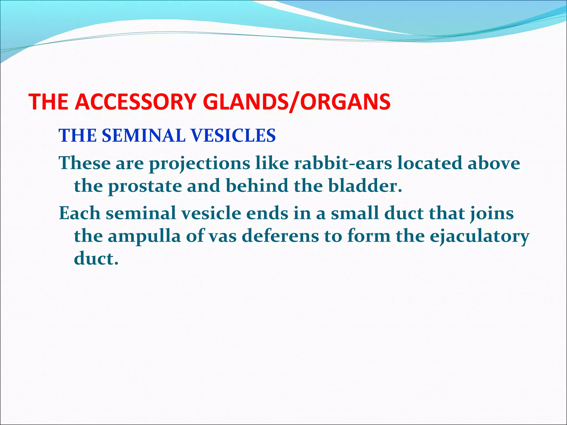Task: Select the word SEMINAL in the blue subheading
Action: click(x=144, y=136)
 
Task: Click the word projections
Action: click(x=199, y=164)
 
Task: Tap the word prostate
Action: click(x=145, y=186)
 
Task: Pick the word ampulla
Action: click(x=144, y=237)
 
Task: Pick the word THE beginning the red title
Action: click(x=49, y=102)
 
